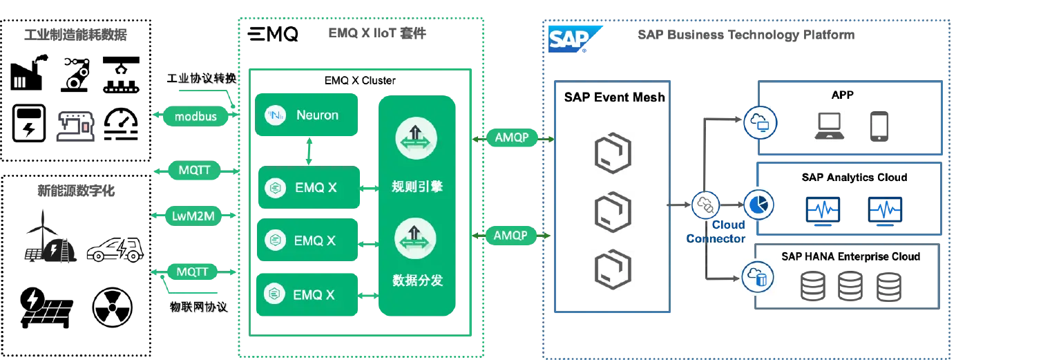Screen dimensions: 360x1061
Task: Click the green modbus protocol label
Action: pos(195,116)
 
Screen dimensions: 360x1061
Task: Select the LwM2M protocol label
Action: pos(193,216)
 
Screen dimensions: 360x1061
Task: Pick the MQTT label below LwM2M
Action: pos(192,272)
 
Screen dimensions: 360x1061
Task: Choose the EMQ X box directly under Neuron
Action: pos(309,187)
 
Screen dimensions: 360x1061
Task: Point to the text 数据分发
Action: pos(417,281)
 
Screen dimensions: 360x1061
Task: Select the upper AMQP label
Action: pos(512,138)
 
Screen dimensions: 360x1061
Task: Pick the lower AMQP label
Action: pos(511,236)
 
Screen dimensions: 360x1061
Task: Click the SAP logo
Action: pos(569,39)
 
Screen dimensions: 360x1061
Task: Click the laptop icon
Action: pos(829,126)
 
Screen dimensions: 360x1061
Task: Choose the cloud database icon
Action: pos(757,277)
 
